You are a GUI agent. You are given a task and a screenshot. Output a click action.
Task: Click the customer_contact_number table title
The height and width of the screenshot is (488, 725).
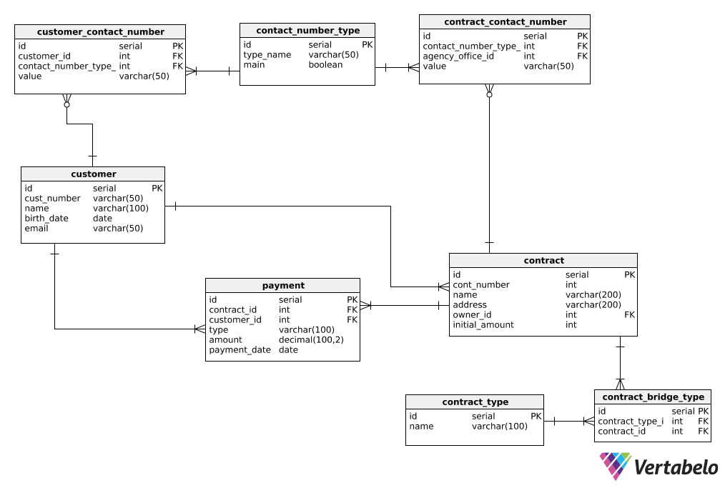click(x=100, y=32)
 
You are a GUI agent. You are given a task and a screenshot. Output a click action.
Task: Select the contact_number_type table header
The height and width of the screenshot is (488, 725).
click(x=307, y=30)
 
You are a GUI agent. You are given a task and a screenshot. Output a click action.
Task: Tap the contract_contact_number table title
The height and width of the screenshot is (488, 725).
click(x=505, y=22)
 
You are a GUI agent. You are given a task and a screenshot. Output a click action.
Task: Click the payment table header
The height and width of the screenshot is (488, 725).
click(x=282, y=286)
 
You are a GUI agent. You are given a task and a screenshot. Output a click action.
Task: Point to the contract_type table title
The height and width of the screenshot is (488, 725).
click(x=475, y=402)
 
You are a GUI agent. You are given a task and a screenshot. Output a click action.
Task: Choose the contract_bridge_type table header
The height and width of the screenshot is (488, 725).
click(x=653, y=397)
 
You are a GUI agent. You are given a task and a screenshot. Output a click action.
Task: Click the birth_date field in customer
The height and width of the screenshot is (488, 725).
click(x=46, y=219)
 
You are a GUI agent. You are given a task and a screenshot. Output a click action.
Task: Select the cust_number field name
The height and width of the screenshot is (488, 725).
click(x=52, y=199)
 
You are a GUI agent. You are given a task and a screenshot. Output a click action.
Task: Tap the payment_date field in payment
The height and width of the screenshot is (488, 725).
click(x=240, y=350)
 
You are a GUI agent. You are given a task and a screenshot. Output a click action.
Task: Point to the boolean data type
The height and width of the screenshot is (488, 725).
click(x=325, y=65)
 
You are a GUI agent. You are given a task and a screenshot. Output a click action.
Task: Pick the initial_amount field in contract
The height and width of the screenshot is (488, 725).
click(x=483, y=325)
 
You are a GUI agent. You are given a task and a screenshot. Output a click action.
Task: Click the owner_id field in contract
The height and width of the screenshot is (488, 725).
click(x=472, y=315)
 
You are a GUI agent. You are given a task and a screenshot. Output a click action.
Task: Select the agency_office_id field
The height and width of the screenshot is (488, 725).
click(x=458, y=56)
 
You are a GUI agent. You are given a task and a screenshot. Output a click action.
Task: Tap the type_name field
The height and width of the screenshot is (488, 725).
click(x=267, y=55)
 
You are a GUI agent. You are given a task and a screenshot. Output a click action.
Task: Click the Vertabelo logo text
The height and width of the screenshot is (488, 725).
click(x=676, y=468)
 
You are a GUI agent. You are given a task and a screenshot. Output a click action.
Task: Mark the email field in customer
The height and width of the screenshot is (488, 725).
click(x=36, y=229)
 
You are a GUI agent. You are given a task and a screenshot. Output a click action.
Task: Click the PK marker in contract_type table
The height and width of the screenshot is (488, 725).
click(x=536, y=417)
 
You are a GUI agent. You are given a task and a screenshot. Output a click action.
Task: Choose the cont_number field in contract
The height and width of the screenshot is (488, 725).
click(x=480, y=285)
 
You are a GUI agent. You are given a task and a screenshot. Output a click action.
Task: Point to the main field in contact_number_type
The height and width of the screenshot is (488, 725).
click(x=254, y=65)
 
